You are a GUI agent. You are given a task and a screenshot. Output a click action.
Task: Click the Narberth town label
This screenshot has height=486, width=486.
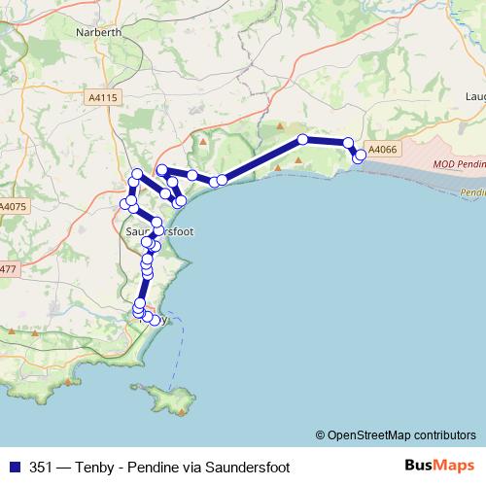click(x=98, y=31)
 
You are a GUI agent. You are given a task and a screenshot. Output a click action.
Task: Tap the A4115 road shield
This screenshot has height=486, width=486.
click(x=101, y=98)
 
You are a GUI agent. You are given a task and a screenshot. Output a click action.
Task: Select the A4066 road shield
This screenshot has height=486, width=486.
click(x=384, y=149)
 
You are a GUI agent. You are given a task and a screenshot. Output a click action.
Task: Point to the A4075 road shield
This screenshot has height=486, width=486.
click(x=13, y=206)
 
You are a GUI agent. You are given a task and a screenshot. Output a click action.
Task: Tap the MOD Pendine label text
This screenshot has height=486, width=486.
click(x=457, y=166)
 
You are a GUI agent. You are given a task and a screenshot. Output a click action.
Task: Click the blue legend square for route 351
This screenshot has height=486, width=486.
click(x=14, y=466)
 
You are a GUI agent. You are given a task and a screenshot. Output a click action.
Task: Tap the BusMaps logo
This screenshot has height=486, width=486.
click(x=439, y=466)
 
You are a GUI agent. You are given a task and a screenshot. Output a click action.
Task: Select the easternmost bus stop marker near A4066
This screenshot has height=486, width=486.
click(x=362, y=155)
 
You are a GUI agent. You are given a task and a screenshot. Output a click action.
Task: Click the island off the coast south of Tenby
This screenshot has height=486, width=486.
click(x=167, y=397)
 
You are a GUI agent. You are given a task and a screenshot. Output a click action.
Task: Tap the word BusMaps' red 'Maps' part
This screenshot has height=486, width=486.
click(x=455, y=466)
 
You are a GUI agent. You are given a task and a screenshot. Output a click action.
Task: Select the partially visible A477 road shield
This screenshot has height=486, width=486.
click(x=8, y=268)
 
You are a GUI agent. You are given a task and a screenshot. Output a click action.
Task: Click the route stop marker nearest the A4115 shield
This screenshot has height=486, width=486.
click(x=138, y=174)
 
